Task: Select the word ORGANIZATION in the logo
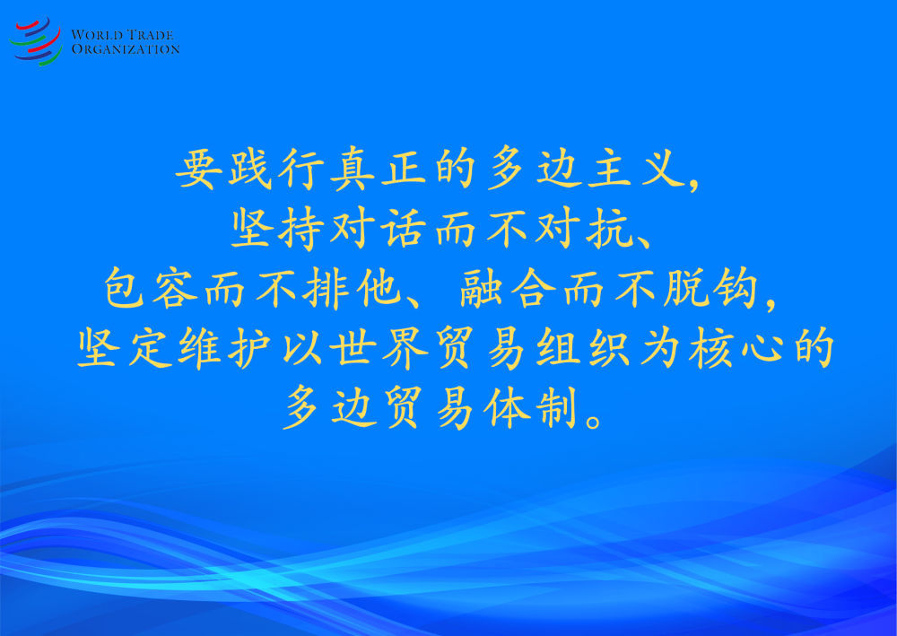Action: coord(126,49)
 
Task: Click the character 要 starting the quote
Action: coord(198,169)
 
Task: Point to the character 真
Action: coord(353,169)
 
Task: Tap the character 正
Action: coord(404,169)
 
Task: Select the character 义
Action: coord(663,169)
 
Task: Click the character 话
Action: coord(403,229)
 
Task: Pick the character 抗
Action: coord(607,229)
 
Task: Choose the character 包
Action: coord(124,288)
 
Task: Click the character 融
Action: coord(482,288)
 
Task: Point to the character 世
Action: coord(353,348)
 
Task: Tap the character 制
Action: coord(556,408)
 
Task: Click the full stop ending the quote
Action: coord(595,421)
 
